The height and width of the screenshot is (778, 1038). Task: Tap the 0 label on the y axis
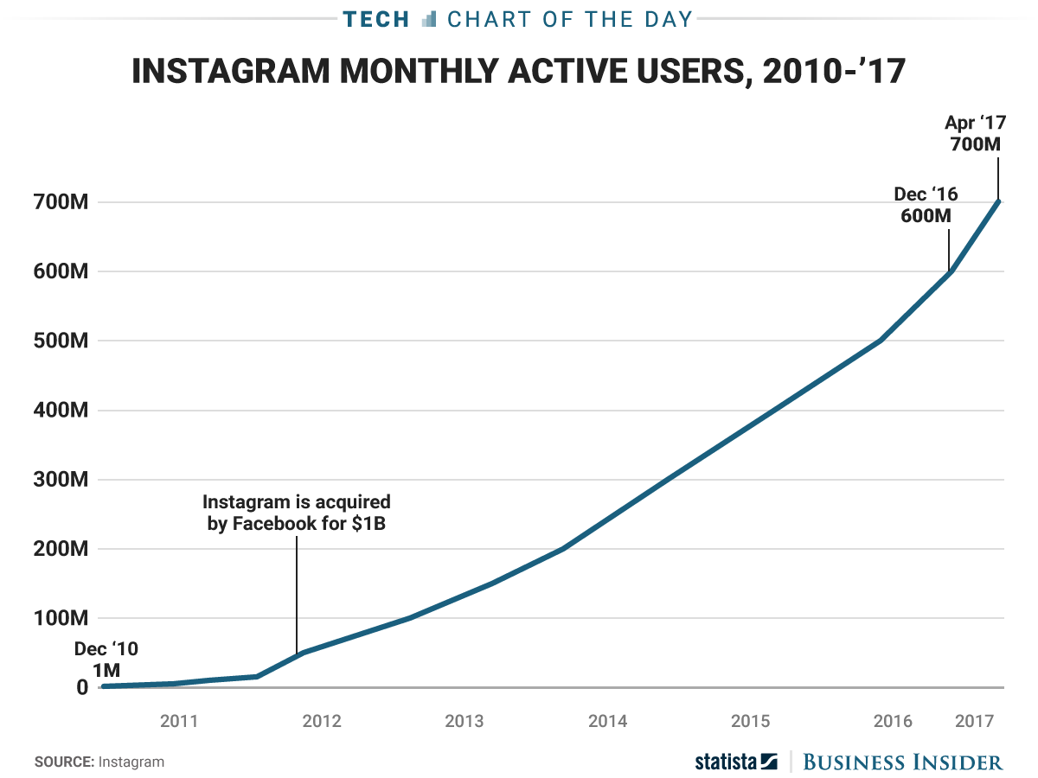[x=82, y=688]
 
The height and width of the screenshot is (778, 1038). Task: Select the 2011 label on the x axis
[x=179, y=721]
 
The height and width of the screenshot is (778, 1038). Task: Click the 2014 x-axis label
[x=607, y=721]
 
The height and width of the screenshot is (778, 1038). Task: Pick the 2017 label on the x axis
[x=984, y=721]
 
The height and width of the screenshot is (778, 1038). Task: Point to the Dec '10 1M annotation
[x=106, y=659]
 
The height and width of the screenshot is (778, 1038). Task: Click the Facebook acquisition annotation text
[x=297, y=513]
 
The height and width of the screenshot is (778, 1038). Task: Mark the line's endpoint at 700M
[x=1000, y=201]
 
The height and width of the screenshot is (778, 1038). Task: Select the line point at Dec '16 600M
[x=950, y=271]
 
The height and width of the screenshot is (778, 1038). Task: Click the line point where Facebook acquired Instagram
[x=297, y=654]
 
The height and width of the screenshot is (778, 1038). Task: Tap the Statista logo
[x=736, y=762]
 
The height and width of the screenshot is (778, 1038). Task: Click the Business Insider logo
[x=903, y=762]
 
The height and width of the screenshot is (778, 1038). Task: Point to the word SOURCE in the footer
[x=64, y=762]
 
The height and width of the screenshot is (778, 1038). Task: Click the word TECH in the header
[x=375, y=19]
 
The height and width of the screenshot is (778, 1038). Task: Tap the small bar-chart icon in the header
[x=429, y=19]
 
